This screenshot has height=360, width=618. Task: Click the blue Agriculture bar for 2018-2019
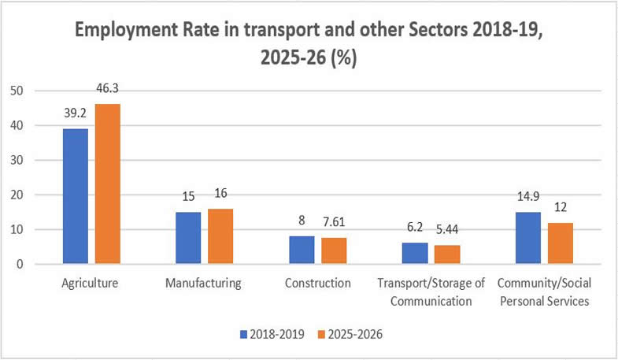click(76, 196)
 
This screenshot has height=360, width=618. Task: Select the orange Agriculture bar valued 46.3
click(108, 184)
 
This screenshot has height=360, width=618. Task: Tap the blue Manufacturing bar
click(188, 238)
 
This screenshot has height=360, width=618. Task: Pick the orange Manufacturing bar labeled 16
click(220, 236)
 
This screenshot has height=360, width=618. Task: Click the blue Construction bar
click(302, 250)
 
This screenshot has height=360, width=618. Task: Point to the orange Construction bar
click(334, 251)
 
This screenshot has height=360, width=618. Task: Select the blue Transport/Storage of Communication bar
click(415, 253)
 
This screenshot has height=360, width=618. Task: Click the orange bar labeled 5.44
click(447, 254)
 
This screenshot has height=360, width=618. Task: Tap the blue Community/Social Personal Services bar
click(528, 238)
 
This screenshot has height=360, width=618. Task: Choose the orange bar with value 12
click(561, 243)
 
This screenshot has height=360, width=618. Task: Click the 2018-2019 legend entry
click(272, 334)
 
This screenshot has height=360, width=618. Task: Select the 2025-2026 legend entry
click(350, 334)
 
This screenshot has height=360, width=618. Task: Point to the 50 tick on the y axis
click(17, 91)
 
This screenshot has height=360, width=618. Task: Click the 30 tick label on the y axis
click(17, 160)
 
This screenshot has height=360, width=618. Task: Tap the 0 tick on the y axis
click(20, 264)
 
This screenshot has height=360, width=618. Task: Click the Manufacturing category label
click(203, 283)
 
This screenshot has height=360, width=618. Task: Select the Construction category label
click(318, 283)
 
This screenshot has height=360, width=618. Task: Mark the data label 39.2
click(76, 113)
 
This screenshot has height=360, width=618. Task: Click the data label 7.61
click(334, 222)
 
